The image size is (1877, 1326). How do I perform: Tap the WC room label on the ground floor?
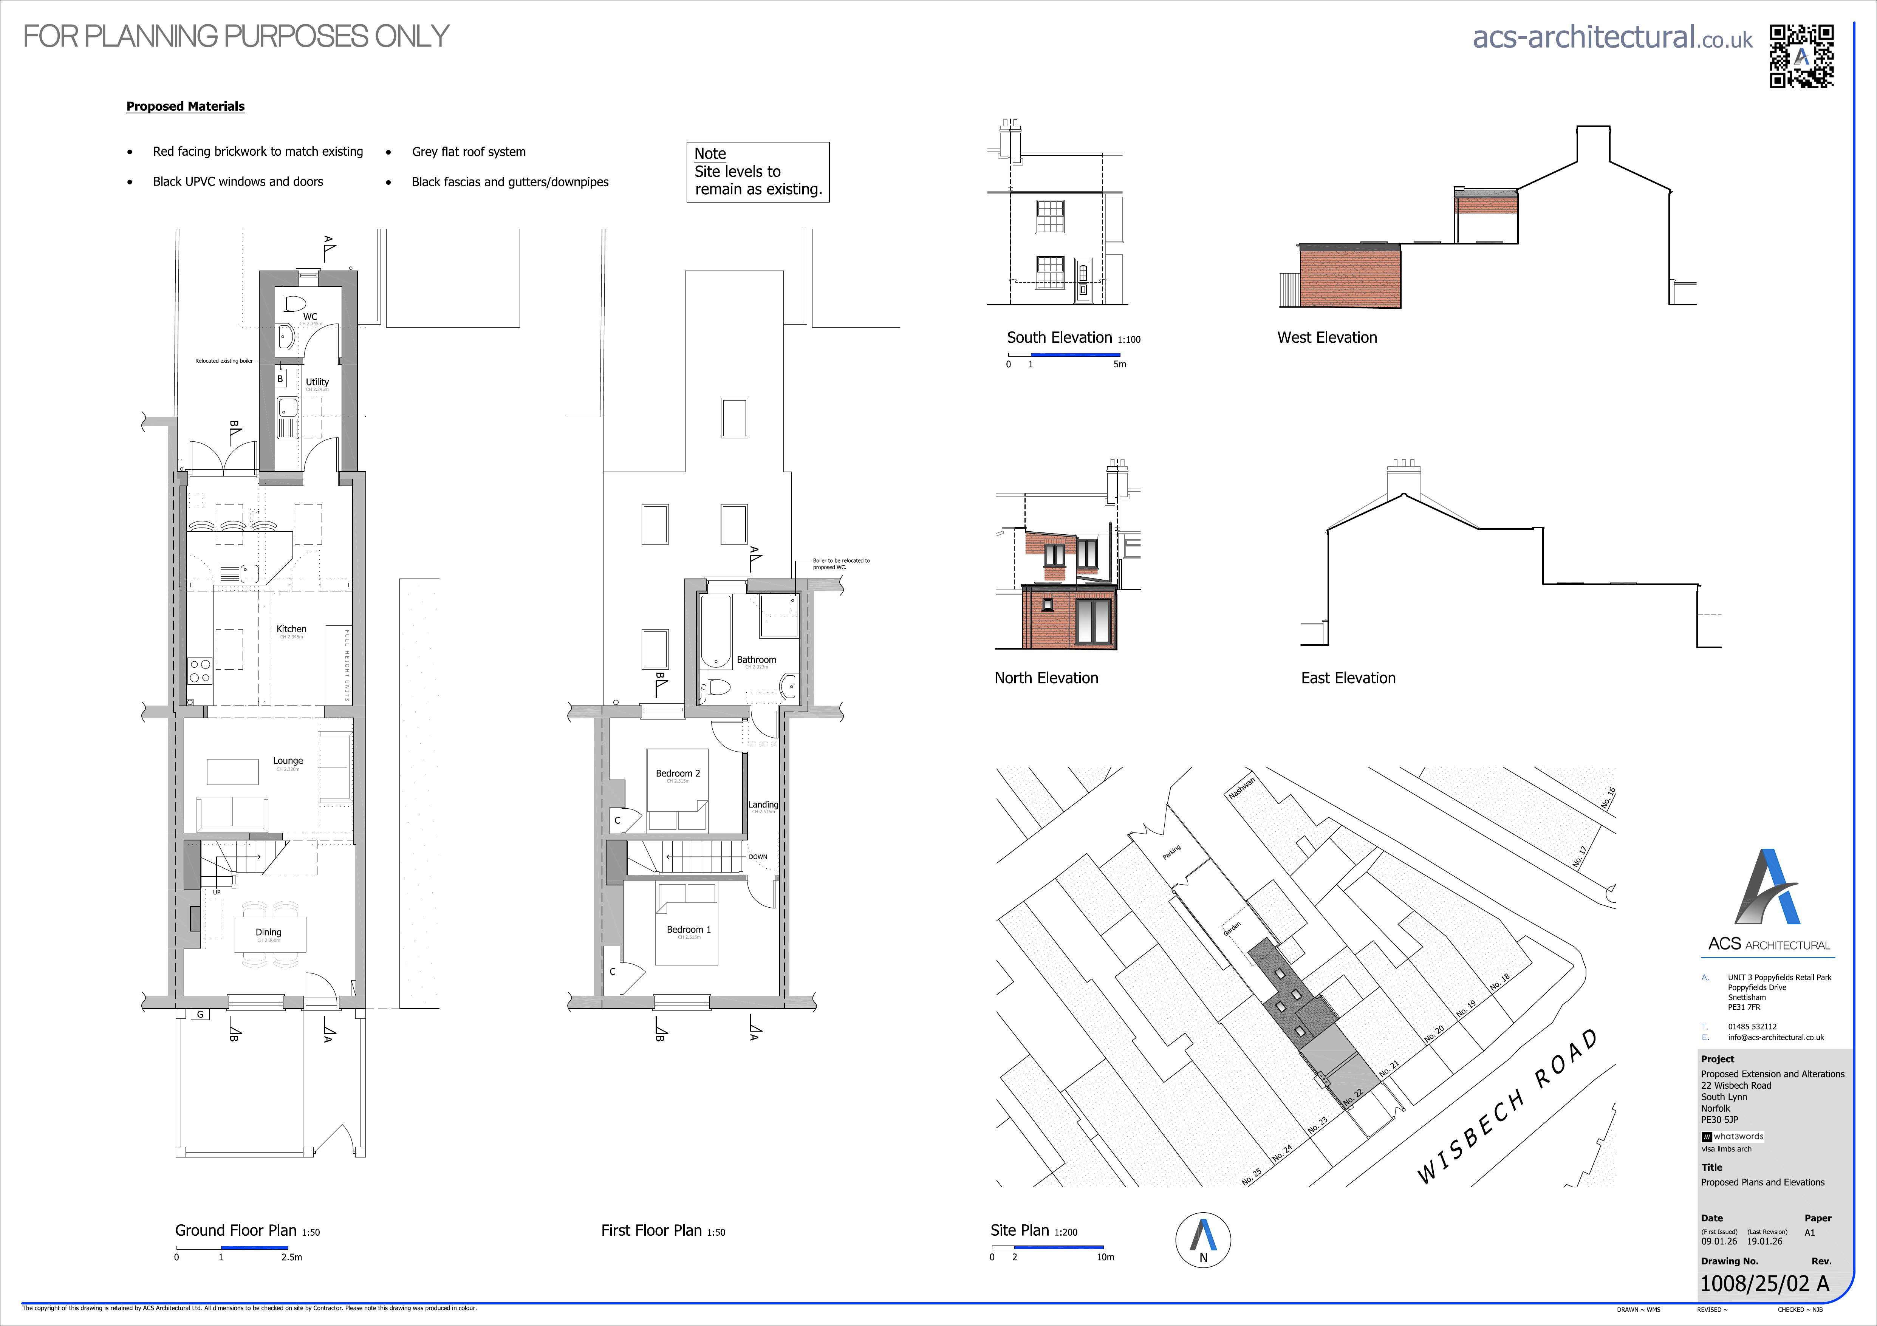tap(310, 316)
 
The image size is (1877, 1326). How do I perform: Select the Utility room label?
tap(317, 382)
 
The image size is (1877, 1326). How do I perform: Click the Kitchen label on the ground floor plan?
tap(291, 629)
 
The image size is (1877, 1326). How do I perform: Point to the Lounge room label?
tap(288, 760)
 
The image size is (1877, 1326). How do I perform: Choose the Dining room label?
tap(268, 932)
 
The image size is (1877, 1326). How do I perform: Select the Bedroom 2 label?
tap(678, 774)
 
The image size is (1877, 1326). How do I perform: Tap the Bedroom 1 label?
tap(689, 930)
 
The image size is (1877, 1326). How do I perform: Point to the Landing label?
tap(763, 805)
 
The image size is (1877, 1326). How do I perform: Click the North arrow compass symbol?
tap(1202, 1239)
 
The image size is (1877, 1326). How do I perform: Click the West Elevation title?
tap(1327, 337)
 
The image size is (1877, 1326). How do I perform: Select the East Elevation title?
tap(1348, 678)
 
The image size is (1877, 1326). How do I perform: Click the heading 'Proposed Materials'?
tap(186, 106)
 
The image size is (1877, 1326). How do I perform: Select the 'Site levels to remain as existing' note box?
tap(758, 172)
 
